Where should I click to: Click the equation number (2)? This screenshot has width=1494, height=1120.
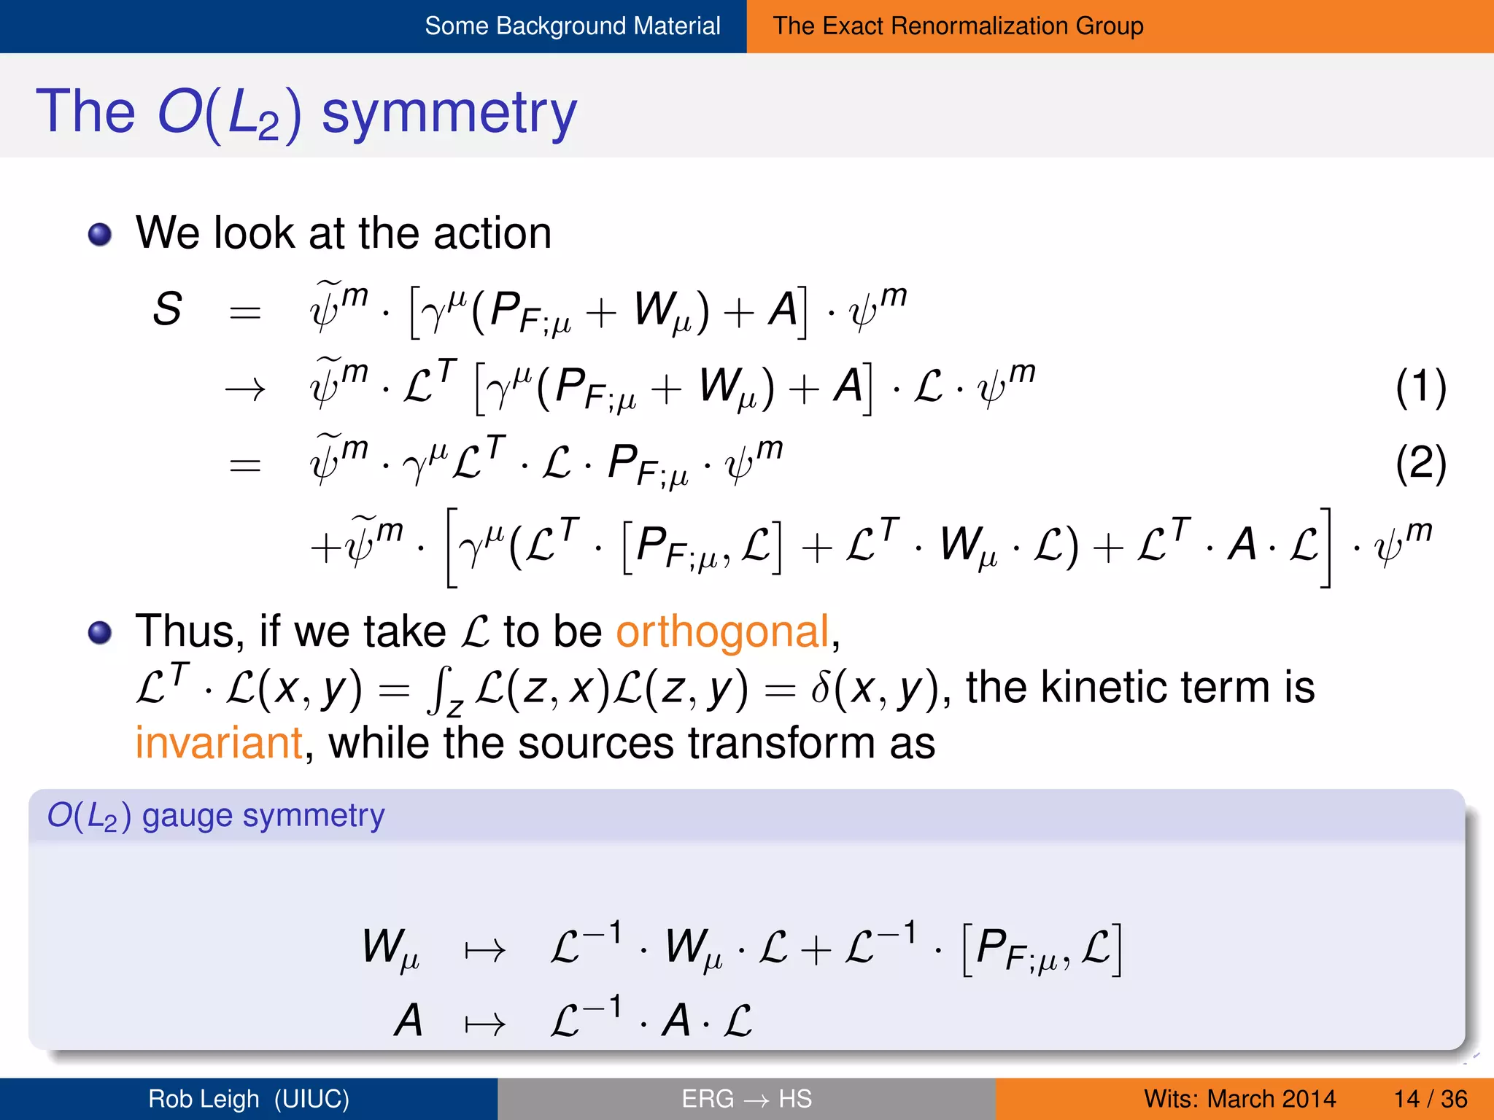pyautogui.click(x=1420, y=464)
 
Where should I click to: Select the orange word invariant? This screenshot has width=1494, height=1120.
pyautogui.click(x=219, y=744)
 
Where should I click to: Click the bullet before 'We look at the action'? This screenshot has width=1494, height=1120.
pyautogui.click(x=100, y=235)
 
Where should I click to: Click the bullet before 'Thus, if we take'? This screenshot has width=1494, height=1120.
pyautogui.click(x=100, y=632)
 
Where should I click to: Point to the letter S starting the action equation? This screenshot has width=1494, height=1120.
pyautogui.click(x=167, y=309)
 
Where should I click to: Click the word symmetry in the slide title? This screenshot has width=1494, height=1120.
pyautogui.click(x=449, y=113)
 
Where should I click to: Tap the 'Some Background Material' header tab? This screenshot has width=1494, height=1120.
pyautogui.click(x=573, y=26)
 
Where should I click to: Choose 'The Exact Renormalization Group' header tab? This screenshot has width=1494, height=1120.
pyautogui.click(x=958, y=26)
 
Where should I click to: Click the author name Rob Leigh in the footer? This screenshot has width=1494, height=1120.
pyautogui.click(x=204, y=1099)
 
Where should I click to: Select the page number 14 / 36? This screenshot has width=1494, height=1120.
pyautogui.click(x=1430, y=1099)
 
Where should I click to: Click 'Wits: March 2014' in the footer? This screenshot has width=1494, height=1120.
pyautogui.click(x=1239, y=1099)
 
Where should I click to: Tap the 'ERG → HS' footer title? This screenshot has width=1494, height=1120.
pyautogui.click(x=746, y=1099)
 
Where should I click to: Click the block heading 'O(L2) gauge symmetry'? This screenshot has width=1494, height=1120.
pyautogui.click(x=216, y=816)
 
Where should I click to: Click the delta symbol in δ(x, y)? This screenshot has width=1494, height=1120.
pyautogui.click(x=820, y=688)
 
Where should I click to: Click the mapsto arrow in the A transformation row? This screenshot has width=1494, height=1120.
pyautogui.click(x=485, y=1024)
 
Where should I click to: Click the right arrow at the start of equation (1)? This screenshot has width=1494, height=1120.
pyautogui.click(x=245, y=390)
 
